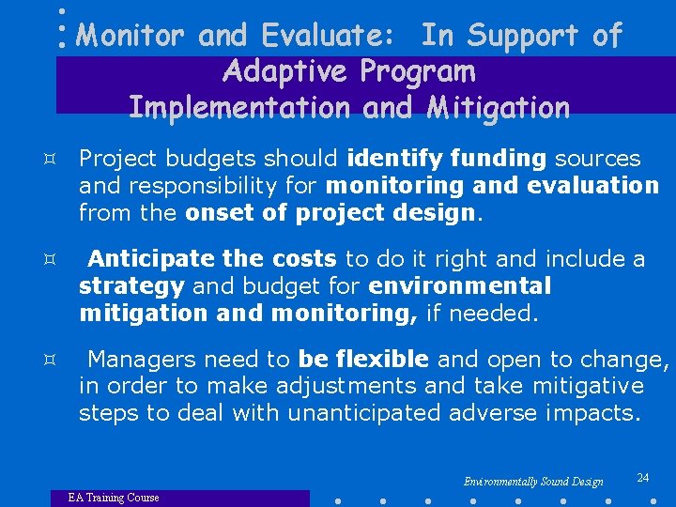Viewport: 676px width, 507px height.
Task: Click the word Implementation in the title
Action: tap(239, 107)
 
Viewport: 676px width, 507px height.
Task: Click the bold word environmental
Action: tap(460, 284)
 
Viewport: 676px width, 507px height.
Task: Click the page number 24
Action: tap(642, 478)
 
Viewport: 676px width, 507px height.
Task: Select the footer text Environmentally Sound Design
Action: tap(533, 482)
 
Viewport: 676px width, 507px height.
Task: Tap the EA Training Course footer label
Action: tap(113, 498)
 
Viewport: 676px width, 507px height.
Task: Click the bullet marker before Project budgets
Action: tap(59, 160)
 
